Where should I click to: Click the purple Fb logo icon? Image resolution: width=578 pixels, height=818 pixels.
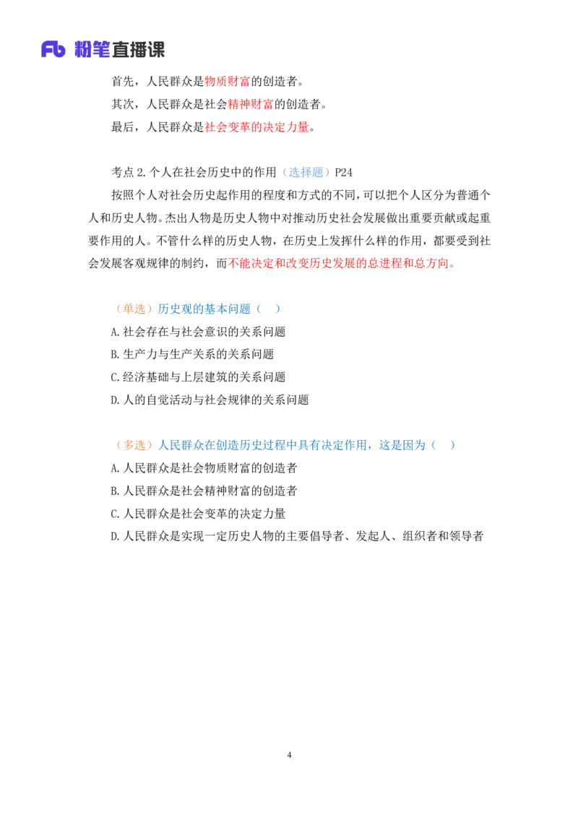coord(53,49)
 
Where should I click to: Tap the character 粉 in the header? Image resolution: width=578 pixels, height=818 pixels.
coord(84,49)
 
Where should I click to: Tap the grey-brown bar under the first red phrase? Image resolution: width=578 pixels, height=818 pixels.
coord(243,90)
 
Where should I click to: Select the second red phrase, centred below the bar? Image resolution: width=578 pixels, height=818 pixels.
coord(249,104)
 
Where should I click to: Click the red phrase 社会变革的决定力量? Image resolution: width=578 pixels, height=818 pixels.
coord(256,127)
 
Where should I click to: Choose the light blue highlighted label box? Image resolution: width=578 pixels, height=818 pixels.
coord(306,171)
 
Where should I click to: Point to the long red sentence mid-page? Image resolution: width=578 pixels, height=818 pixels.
coord(341,264)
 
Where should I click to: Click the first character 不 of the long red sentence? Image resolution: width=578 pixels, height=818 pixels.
coord(232,264)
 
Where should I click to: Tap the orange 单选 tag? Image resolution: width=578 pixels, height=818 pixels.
coord(135,309)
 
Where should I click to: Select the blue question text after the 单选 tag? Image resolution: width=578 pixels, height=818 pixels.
coord(204,309)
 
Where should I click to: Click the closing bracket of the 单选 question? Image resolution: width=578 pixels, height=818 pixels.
coord(277,309)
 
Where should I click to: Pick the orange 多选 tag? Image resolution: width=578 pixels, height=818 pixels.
coord(135,445)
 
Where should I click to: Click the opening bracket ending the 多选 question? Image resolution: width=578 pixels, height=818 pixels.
coord(435,445)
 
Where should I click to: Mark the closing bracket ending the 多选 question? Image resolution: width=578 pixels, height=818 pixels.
coord(451,445)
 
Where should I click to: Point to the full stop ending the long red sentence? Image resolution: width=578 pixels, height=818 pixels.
coord(452,264)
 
